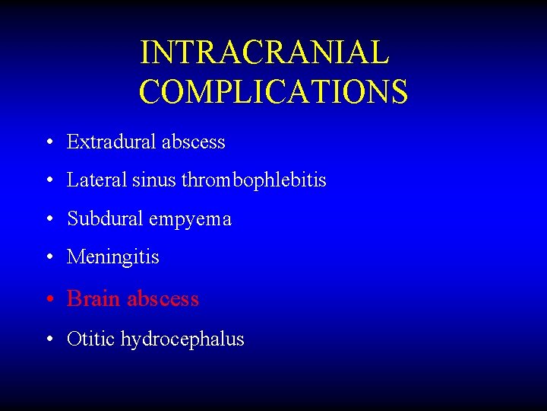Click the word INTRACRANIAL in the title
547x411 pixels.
coord(264,53)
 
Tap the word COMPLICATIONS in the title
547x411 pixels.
coord(273,91)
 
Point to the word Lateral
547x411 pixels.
coord(87,180)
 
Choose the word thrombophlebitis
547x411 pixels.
coord(254,180)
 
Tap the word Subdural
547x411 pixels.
coord(106,219)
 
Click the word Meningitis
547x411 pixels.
coord(113,257)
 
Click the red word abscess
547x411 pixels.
coord(163,298)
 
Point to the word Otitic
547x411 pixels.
coord(91,339)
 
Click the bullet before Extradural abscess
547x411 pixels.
coord(48,142)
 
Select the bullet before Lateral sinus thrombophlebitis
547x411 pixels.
coord(48,181)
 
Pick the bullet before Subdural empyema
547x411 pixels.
coord(48,220)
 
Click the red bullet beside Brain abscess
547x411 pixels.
coord(48,299)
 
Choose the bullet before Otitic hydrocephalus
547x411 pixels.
coord(48,339)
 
